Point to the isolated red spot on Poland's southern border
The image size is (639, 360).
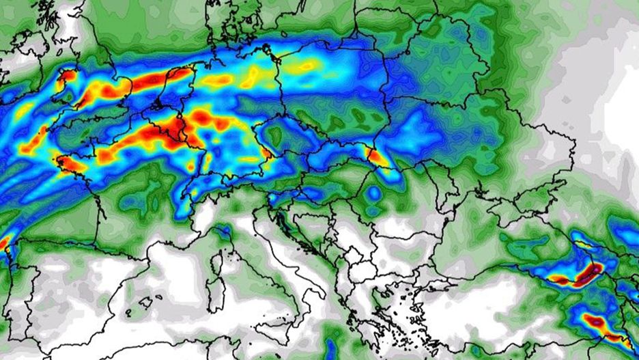[376, 156]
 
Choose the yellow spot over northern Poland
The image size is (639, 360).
[304, 66]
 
